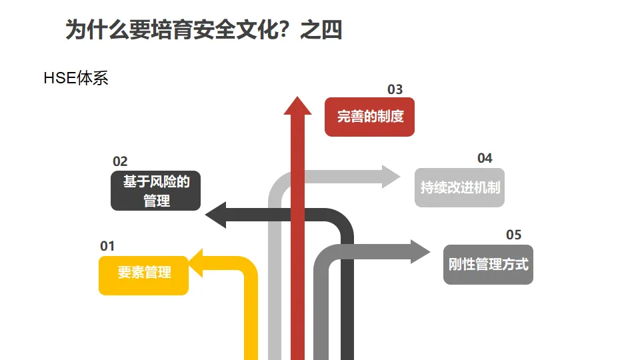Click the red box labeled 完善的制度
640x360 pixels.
click(x=369, y=117)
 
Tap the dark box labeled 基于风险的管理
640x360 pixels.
click(x=155, y=191)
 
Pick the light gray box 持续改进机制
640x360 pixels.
click(x=459, y=187)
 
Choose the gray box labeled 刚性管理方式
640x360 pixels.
click(x=488, y=265)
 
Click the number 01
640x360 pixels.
click(x=107, y=246)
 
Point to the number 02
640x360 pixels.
click(x=120, y=161)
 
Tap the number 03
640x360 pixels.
click(x=395, y=89)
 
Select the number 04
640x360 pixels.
click(x=485, y=158)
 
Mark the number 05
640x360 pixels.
click(x=513, y=235)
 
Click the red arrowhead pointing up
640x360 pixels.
click(x=297, y=106)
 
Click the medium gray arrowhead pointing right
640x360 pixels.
click(x=421, y=251)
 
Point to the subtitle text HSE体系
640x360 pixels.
click(x=75, y=78)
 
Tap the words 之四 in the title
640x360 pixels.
click(x=321, y=30)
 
